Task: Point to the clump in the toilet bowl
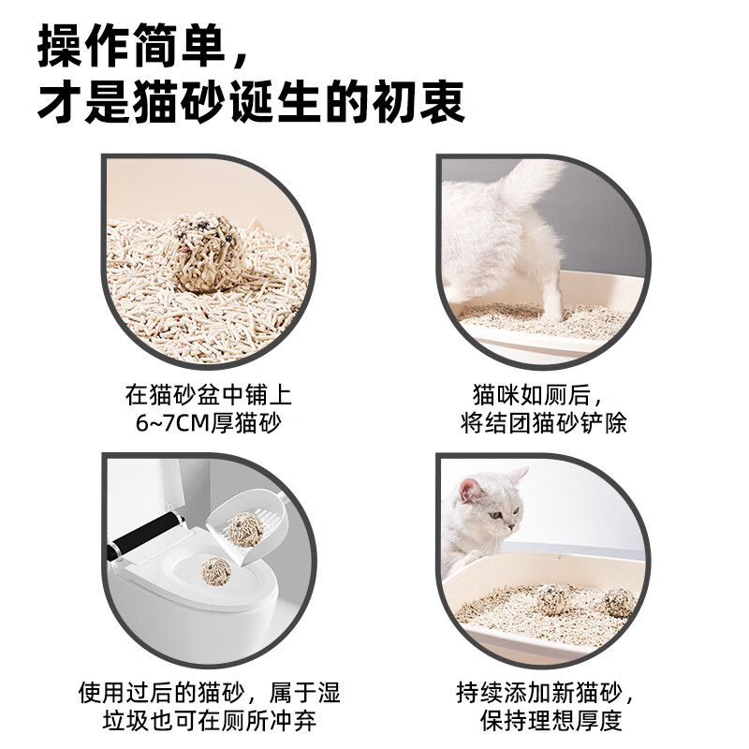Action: [216, 568]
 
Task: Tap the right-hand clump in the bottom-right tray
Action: [618, 600]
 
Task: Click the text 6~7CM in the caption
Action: [174, 422]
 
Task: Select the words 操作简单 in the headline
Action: [130, 47]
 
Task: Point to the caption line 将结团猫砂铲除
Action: [544, 422]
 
